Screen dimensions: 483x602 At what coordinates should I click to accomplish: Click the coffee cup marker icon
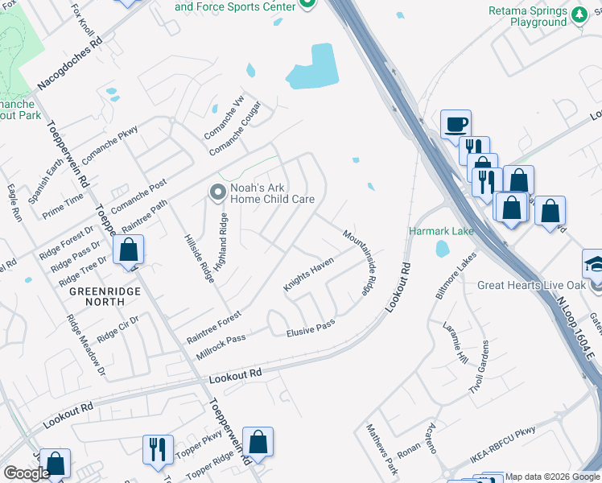pos(456,124)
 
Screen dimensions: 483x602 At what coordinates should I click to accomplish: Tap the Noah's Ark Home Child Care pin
pos(216,192)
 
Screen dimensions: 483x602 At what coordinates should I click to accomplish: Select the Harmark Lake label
pos(440,231)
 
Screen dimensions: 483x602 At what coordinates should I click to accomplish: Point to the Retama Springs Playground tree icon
pos(578,14)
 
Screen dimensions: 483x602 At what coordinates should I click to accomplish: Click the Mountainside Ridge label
pos(360,262)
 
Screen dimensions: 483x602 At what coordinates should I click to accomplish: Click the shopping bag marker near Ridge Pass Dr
pos(128,250)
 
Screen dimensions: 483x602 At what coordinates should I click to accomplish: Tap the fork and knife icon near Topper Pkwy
pos(156,448)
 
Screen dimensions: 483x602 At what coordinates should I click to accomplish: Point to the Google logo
pos(27,473)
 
